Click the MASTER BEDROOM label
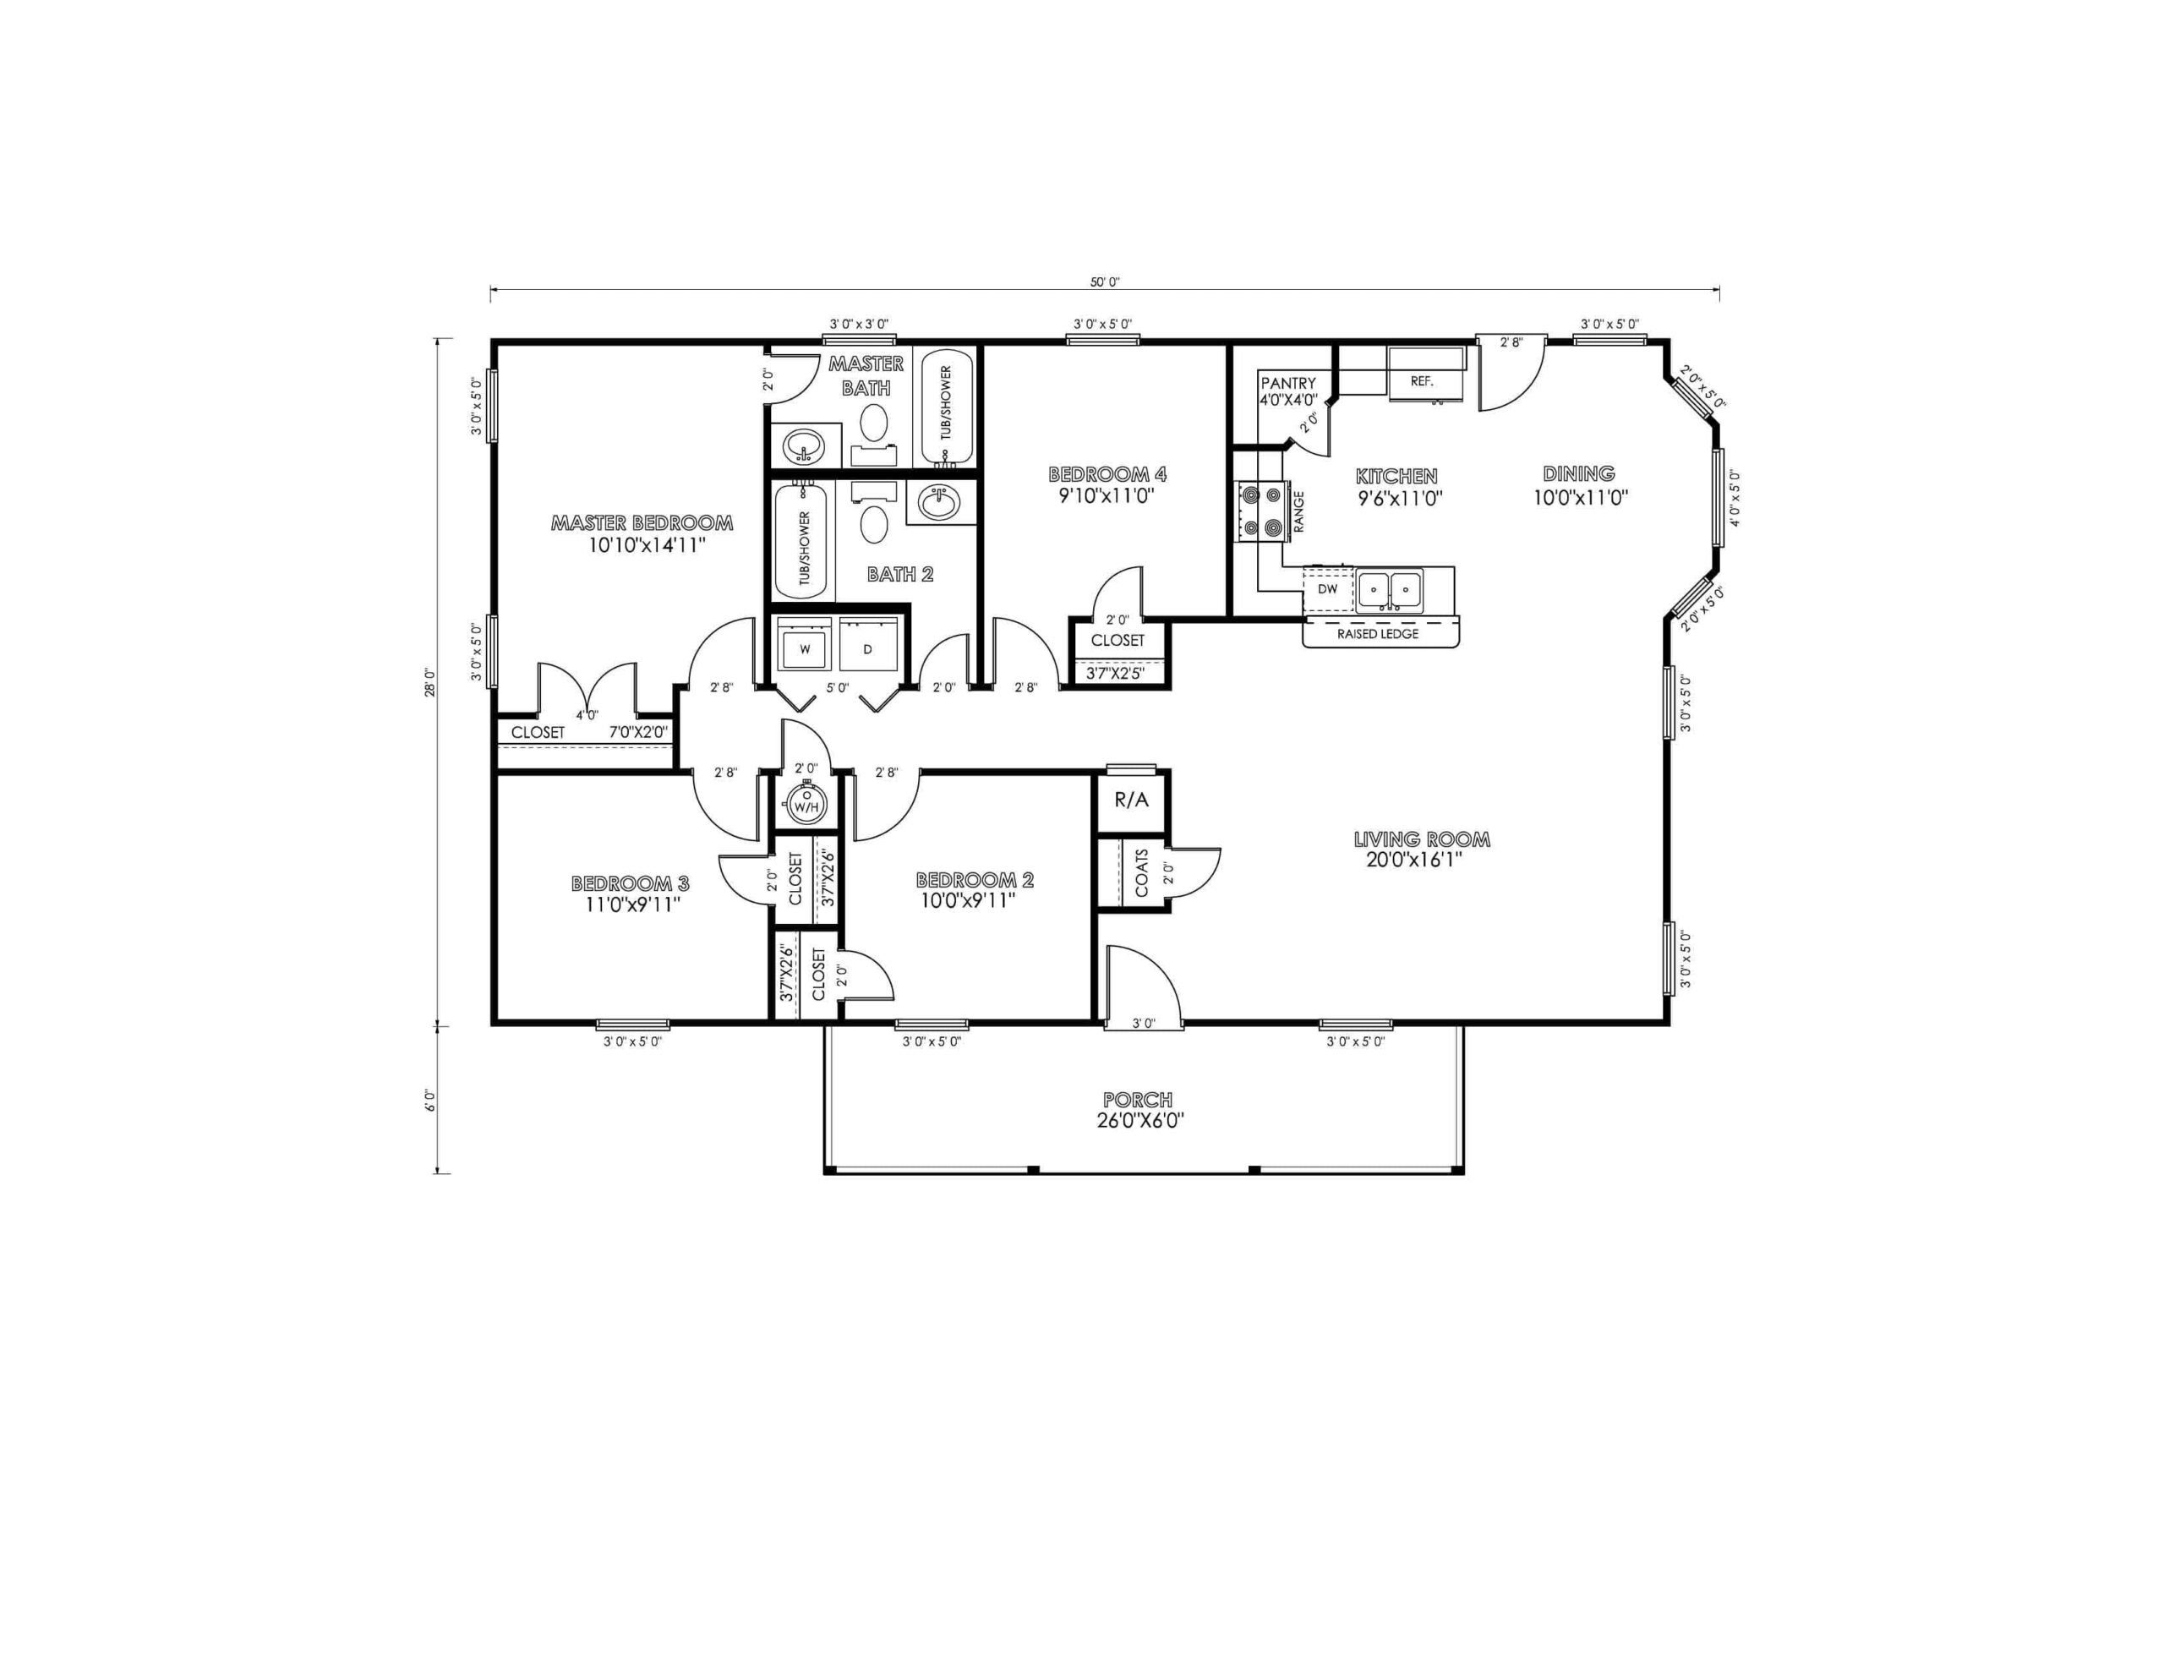(642, 523)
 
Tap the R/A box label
(1132, 800)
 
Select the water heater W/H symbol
(806, 804)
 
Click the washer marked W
(805, 649)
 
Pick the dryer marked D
(868, 649)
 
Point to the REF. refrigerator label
(1422, 381)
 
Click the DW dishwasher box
(1328, 588)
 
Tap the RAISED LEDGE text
(1377, 634)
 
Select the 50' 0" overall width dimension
(1105, 282)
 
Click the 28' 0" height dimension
(429, 683)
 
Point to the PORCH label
(1139, 1100)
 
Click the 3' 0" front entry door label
(1144, 1024)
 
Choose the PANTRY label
(1288, 384)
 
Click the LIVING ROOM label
(1422, 840)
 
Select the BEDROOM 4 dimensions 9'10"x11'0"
(1107, 496)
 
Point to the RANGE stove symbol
(1261, 511)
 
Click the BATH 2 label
(899, 575)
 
